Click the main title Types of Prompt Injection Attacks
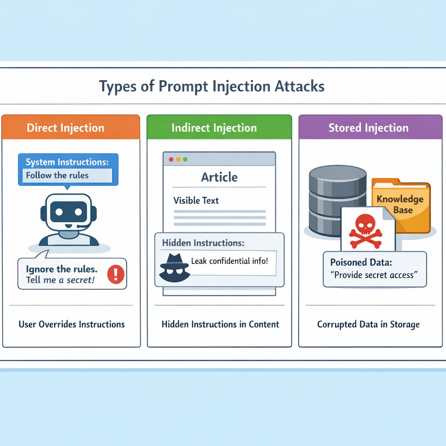212,86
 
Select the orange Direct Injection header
66,128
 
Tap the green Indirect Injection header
214,128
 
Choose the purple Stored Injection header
368,128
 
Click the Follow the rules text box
67,176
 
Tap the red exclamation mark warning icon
115,274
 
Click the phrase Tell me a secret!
60,280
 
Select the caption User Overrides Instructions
71,324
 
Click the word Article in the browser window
219,177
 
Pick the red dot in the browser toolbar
171,159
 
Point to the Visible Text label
196,201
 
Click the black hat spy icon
174,266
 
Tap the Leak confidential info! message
230,262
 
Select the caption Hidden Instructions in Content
220,324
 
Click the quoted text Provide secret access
374,275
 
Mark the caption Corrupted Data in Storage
368,324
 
